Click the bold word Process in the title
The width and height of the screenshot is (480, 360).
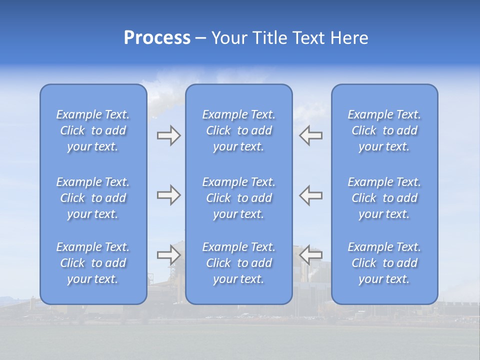pyautogui.click(x=157, y=38)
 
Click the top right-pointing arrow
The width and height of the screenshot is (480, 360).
pyautogui.click(x=168, y=135)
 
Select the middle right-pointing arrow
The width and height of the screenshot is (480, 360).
pyautogui.click(x=168, y=195)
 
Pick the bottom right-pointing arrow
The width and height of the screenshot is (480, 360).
pyautogui.click(x=168, y=255)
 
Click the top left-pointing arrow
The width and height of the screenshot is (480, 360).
pyautogui.click(x=310, y=135)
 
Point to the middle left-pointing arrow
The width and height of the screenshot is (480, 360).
pyautogui.click(x=310, y=195)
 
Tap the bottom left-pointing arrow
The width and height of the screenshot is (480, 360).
pyautogui.click(x=310, y=255)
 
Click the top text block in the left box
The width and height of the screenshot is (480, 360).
pyautogui.click(x=93, y=130)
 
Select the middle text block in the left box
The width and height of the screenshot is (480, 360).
pyautogui.click(x=93, y=198)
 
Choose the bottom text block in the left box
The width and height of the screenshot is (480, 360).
pyautogui.click(x=93, y=263)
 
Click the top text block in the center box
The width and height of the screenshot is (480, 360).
pyautogui.click(x=239, y=130)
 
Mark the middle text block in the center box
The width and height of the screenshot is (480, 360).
pyautogui.click(x=239, y=198)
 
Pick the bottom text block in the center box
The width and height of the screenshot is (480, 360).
pyautogui.click(x=239, y=263)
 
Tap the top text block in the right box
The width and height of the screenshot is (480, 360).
pyautogui.click(x=384, y=130)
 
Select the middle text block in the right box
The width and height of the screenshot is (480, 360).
pyautogui.click(x=384, y=198)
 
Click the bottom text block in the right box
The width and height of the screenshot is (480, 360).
pyautogui.click(x=384, y=263)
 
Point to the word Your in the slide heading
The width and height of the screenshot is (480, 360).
pyautogui.click(x=228, y=38)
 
